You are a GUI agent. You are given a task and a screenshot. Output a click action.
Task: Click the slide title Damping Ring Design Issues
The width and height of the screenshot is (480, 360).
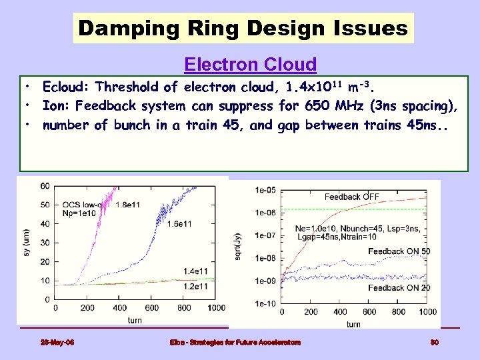coord(243,28)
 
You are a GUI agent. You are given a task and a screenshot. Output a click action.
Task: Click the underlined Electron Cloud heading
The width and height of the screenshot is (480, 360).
coord(250,65)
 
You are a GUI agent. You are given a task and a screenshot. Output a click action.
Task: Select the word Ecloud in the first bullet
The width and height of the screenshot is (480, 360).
coord(63,87)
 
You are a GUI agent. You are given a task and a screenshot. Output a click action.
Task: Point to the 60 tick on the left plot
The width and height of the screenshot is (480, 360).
coord(45,186)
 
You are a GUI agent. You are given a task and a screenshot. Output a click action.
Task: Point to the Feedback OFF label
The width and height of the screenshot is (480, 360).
coord(351,197)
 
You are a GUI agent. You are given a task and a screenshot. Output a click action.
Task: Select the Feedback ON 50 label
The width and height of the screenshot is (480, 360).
coord(399,251)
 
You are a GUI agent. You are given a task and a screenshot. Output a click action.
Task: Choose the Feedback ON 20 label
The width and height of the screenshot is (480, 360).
coord(399,287)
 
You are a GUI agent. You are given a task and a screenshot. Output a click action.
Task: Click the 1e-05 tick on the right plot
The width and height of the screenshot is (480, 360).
coord(265,190)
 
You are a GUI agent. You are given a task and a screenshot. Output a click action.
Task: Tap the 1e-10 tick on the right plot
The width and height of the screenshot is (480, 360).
coord(265,304)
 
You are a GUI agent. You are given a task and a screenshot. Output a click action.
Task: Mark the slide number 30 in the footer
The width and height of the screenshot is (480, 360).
coord(433,343)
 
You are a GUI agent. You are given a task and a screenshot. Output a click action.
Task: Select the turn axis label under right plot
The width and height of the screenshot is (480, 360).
coord(353,324)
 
